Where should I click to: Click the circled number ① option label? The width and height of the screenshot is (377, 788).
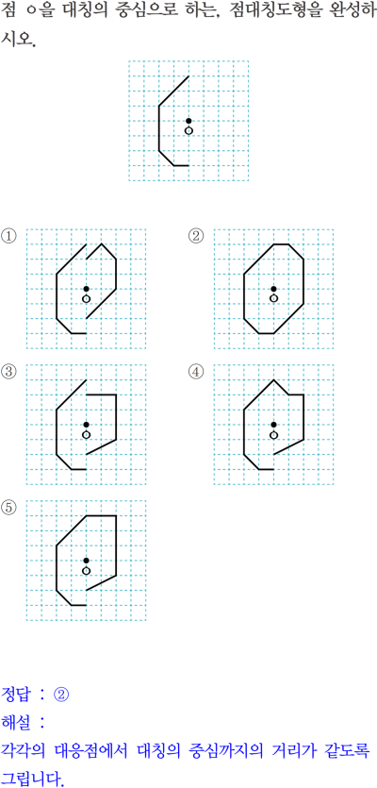coord(9,235)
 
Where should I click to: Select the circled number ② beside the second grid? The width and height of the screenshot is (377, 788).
coord(195,235)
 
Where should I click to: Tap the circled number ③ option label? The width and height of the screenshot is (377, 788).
coord(9,372)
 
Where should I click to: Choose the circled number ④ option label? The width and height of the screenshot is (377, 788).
coord(195,372)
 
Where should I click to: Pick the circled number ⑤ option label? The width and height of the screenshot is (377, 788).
coord(9,508)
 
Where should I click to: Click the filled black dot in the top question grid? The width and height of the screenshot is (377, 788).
coord(188,121)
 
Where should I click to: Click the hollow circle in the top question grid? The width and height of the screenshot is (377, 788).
coord(188,130)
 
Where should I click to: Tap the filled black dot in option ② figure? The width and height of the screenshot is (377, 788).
coord(273,289)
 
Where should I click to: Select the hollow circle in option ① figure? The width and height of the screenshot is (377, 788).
coord(87,299)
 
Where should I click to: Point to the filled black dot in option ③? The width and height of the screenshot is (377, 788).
coord(87,425)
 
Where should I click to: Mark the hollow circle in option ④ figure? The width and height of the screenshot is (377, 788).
coord(273,435)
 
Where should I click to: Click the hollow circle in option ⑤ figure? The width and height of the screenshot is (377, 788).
coord(87,570)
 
